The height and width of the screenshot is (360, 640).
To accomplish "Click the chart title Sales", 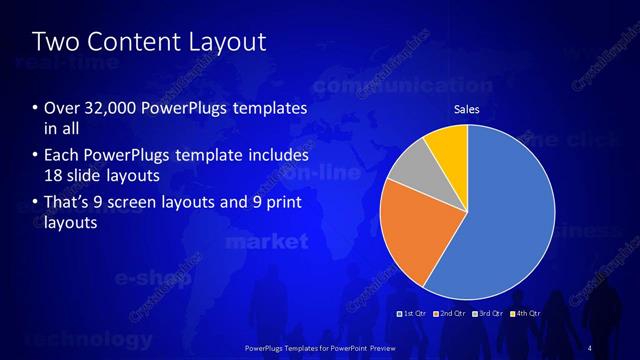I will (x=467, y=109).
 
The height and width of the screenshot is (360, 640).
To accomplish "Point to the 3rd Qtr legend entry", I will (x=489, y=314).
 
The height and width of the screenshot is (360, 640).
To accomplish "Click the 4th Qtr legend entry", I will (x=525, y=314).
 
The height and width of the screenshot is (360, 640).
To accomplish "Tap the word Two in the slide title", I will (x=53, y=41).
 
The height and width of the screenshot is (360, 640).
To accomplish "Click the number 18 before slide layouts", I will (x=55, y=175).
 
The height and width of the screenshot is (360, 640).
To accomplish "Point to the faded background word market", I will (x=267, y=242).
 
